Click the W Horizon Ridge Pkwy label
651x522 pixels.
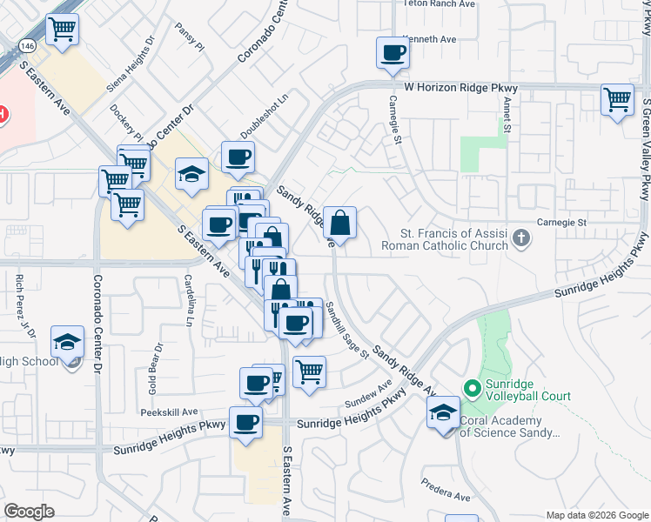click(461, 88)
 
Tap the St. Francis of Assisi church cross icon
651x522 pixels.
click(520, 238)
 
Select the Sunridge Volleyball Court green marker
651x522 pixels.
click(472, 387)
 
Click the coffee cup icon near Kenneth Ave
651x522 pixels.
click(392, 54)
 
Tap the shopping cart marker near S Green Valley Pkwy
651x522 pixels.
click(617, 100)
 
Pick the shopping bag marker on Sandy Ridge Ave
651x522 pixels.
click(341, 223)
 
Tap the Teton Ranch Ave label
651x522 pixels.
click(440, 4)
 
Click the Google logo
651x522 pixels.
click(30, 512)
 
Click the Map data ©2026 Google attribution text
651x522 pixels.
click(596, 515)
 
